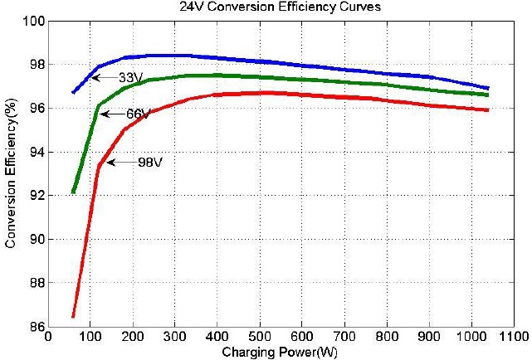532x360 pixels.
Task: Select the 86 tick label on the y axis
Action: (35, 327)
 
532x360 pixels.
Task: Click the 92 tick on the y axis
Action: (35, 196)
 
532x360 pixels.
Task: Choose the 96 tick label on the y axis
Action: (35, 109)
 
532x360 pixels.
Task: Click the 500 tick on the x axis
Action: (260, 338)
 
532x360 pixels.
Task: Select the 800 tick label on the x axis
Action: (387, 338)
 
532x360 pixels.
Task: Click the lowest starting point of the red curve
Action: (73, 317)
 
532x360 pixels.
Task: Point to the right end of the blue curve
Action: (488, 88)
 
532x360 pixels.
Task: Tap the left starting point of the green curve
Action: (73, 192)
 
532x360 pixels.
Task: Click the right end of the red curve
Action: (488, 110)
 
